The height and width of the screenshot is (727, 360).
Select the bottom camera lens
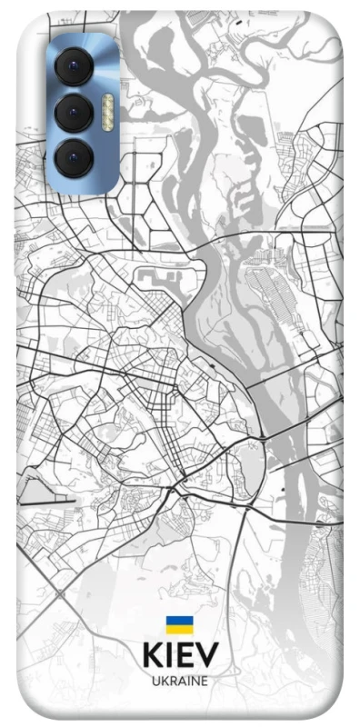75,159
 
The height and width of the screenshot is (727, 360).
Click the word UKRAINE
180,680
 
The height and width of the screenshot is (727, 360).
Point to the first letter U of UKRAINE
155,680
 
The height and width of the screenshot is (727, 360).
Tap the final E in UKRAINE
205,680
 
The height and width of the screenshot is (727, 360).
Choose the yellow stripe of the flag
179,628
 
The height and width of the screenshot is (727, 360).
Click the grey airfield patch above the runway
41,488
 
